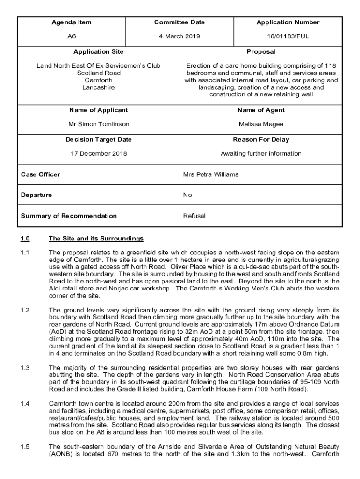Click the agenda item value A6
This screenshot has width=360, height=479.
coord(72,36)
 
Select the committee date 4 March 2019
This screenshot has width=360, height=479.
coord(180,36)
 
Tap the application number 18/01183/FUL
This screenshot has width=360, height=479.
coord(288,36)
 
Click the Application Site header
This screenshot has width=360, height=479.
coord(98,52)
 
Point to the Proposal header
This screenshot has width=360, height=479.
coord(261,52)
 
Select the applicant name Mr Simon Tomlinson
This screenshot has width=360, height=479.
coord(99,124)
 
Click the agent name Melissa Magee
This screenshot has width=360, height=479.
coord(261,124)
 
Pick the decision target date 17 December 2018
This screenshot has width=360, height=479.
coord(99,154)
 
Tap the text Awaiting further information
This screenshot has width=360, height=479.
coord(261,154)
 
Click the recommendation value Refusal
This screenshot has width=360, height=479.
coord(194,216)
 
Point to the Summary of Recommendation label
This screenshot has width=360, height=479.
coord(69,216)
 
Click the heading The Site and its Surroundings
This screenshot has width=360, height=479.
coord(96,239)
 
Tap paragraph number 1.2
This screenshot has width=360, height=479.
coord(25,310)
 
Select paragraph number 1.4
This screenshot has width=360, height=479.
coord(25,403)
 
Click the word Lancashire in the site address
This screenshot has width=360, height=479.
coord(99,87)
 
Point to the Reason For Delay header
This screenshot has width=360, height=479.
coord(261,139)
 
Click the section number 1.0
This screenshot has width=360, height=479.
coord(25,239)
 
